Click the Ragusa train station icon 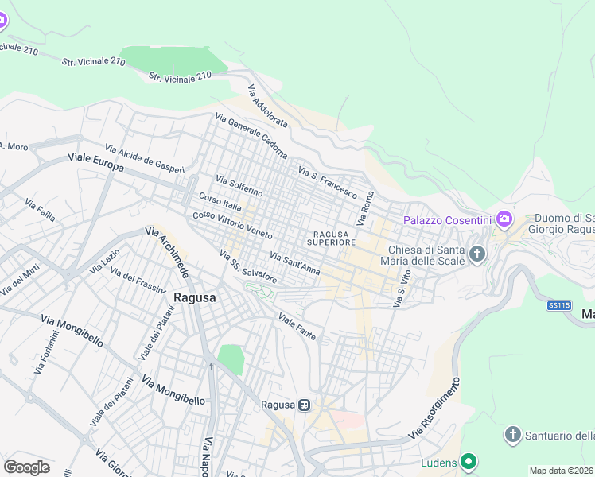304,405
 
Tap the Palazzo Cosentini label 443,220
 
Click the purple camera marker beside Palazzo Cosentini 503,218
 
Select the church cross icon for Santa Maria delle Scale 476,254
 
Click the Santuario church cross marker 513,435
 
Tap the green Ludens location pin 469,461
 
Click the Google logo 26,467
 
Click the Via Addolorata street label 267,108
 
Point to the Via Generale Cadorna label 251,136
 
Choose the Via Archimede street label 166,253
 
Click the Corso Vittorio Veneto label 233,226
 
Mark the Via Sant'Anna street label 295,264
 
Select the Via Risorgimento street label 434,411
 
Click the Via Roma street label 367,207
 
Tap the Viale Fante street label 297,327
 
